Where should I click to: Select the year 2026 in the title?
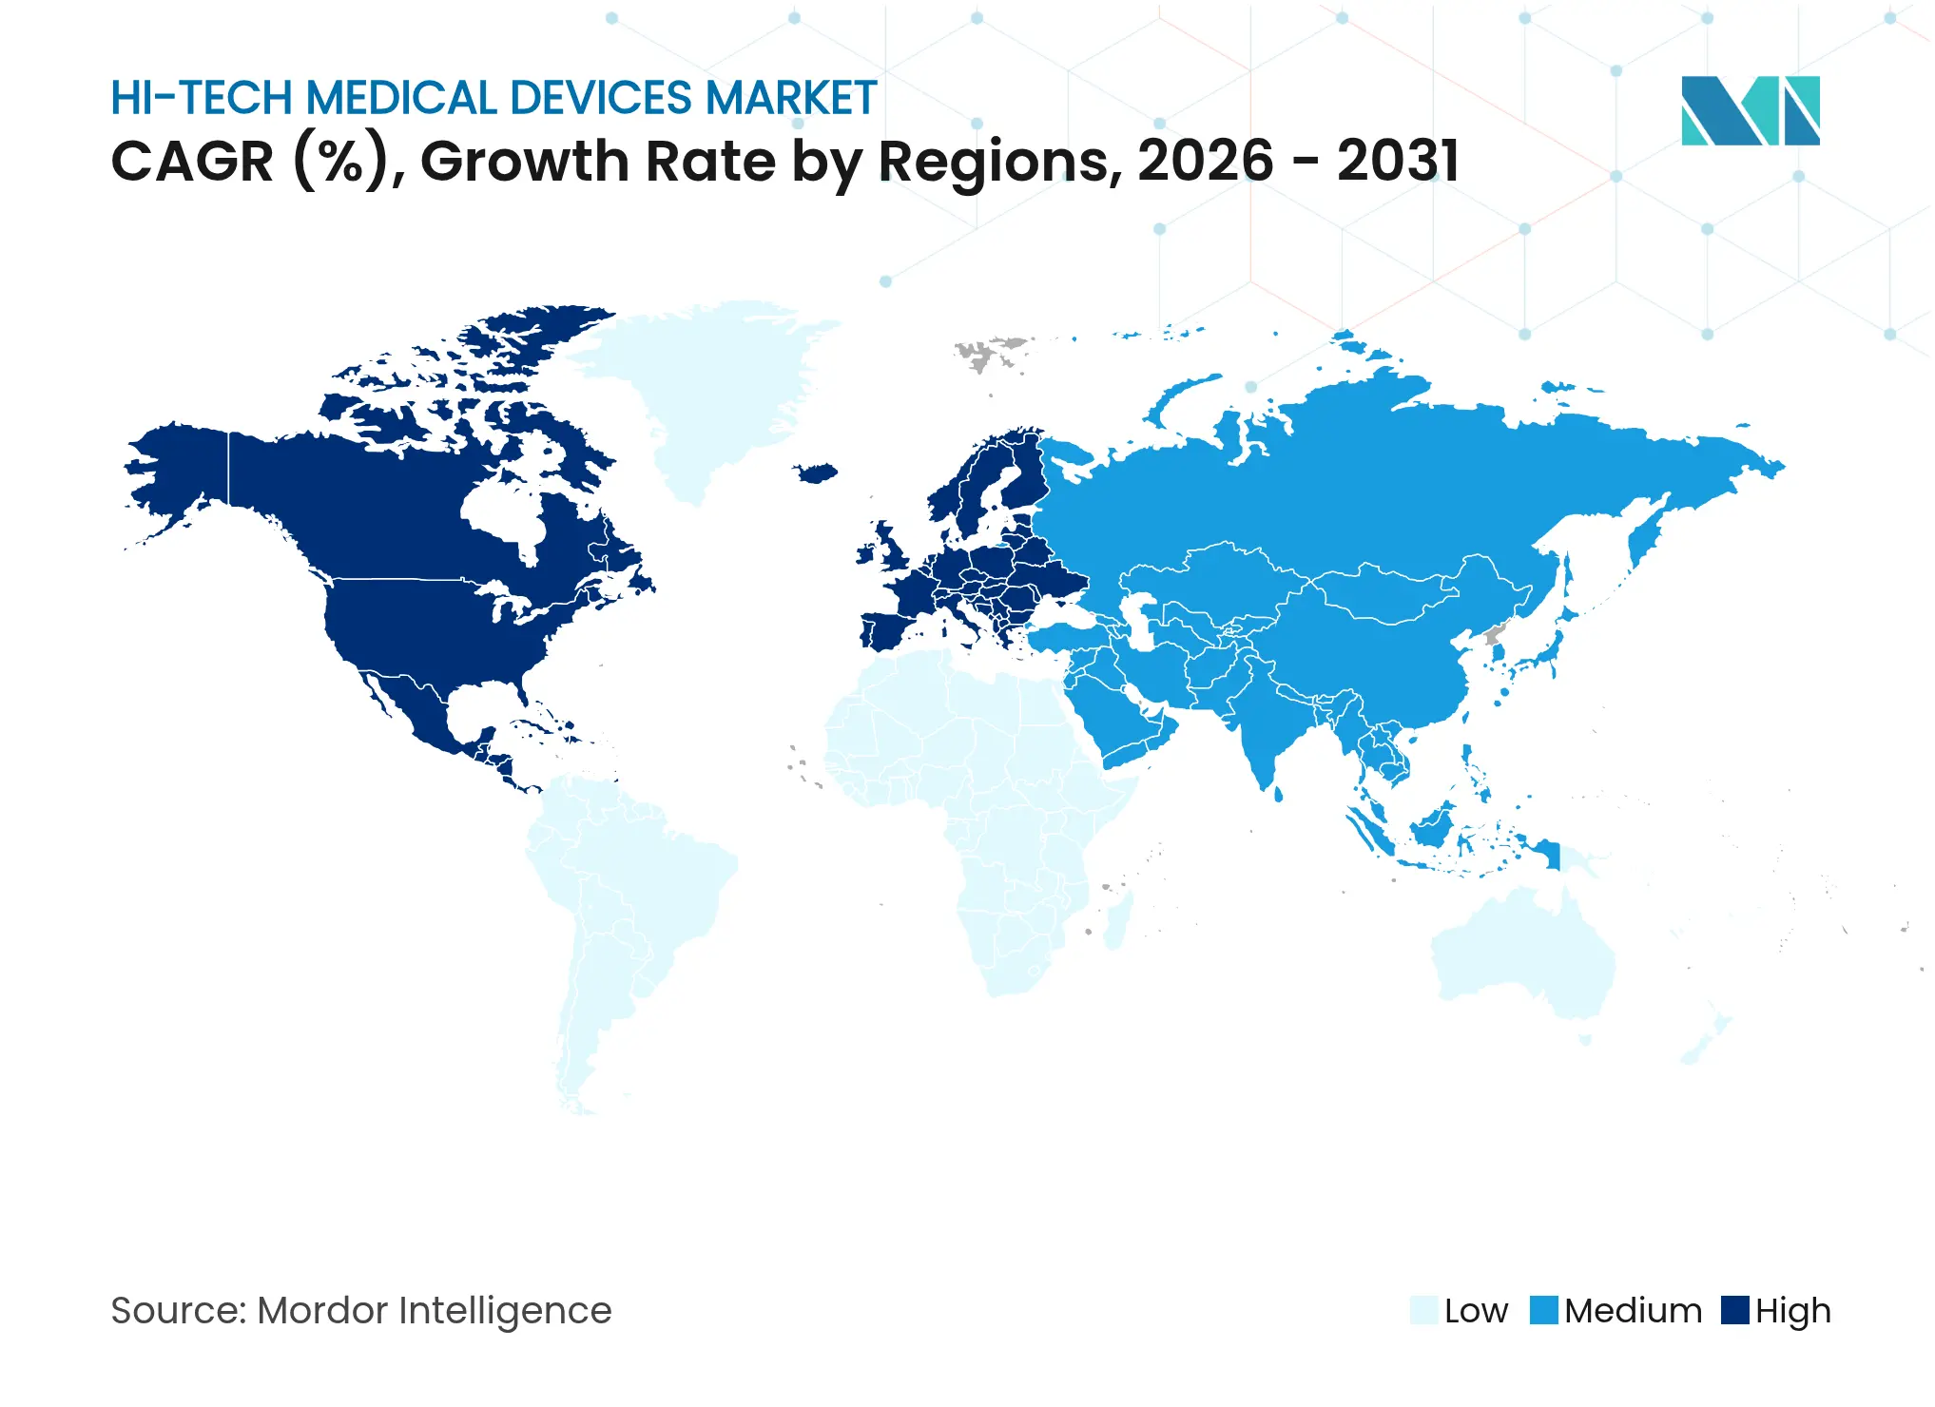[x=1205, y=161]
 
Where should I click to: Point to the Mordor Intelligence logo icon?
[x=1750, y=110]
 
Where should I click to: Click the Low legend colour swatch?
[x=1423, y=1310]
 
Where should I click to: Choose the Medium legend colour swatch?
[x=1543, y=1310]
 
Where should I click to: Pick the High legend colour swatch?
[x=1735, y=1310]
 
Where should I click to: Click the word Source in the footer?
[x=177, y=1310]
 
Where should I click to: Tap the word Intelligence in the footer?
[x=504, y=1310]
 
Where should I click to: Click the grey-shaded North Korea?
[x=1494, y=635]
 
